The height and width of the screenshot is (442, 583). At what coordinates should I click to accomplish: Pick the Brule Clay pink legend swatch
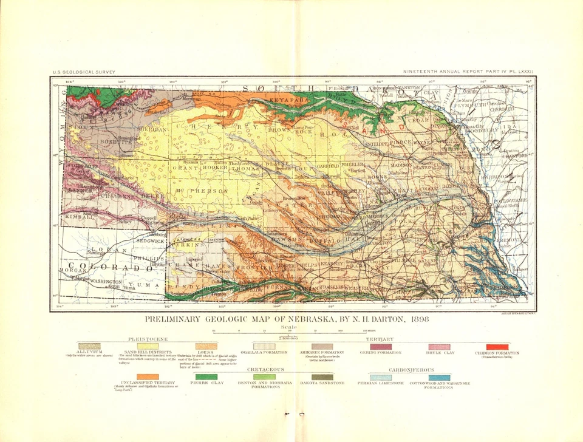(x=439, y=347)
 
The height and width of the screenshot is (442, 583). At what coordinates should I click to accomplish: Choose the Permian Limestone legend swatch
(x=381, y=377)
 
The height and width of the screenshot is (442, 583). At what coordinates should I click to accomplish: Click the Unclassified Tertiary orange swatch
(x=148, y=377)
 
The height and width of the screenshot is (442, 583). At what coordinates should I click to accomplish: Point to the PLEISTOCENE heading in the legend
(x=146, y=339)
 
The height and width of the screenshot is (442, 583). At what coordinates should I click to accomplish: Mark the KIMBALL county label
(x=80, y=216)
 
